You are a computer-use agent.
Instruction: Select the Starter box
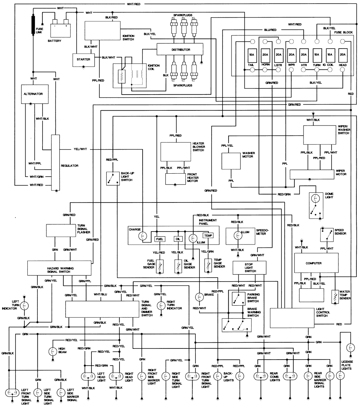coord(83,59)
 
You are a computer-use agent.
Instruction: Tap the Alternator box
coord(33,93)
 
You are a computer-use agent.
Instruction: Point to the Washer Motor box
coord(230,161)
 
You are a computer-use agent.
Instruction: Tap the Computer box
coord(313,263)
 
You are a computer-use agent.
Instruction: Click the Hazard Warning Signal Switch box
coord(60,268)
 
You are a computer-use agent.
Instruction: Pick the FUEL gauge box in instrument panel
coord(159,239)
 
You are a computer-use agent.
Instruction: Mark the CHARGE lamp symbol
coord(143,236)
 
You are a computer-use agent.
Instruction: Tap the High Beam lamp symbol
coord(52,350)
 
